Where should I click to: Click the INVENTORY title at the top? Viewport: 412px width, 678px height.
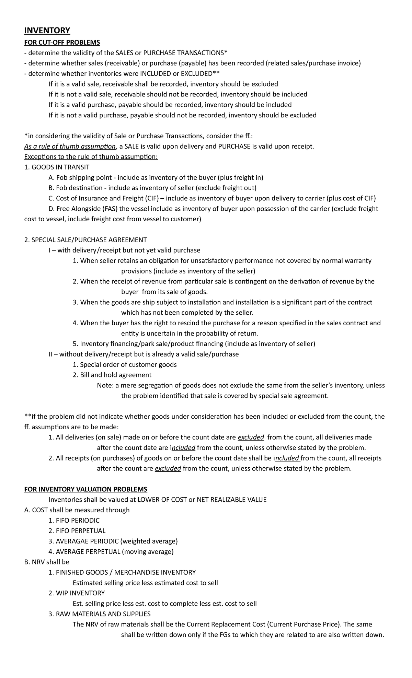coord(47,31)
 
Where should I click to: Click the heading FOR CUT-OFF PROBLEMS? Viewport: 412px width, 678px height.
coord(62,43)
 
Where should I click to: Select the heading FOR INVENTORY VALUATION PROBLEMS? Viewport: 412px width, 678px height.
coord(85,489)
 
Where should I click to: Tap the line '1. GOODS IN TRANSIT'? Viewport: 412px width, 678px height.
coord(57,167)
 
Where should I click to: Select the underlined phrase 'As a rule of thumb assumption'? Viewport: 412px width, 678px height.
coord(70,147)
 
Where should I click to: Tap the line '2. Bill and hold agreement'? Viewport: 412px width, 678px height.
coord(112,375)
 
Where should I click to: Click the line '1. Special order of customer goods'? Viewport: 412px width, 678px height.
coord(125,364)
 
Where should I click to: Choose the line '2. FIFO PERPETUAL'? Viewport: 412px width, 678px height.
coord(77,530)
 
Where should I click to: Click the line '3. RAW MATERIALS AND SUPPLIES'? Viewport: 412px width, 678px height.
coord(100,613)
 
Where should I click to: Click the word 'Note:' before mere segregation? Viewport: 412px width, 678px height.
coord(105,385)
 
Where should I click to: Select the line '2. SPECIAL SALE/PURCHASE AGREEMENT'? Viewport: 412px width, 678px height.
coord(85,240)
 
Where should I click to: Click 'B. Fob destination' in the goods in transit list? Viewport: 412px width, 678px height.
coord(76,188)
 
